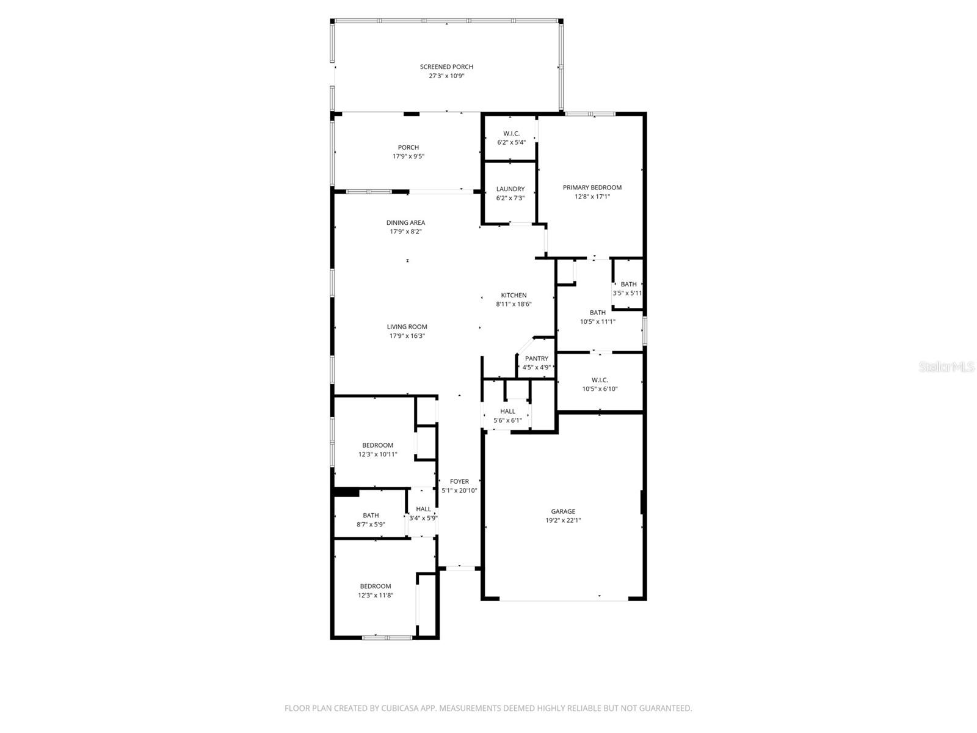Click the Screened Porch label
[x=446, y=67]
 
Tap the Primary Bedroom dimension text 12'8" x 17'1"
[x=592, y=197]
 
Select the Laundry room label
[x=510, y=189]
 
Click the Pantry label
[x=536, y=359]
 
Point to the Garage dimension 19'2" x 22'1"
[x=563, y=520]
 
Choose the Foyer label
[x=459, y=481]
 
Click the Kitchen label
[x=514, y=295]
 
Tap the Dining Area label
[x=405, y=223]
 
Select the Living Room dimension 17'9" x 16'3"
[x=407, y=336]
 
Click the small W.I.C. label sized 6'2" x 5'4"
[x=511, y=134]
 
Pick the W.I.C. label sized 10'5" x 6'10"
[x=600, y=380]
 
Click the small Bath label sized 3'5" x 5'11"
[x=628, y=284]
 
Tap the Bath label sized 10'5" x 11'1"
[x=597, y=313]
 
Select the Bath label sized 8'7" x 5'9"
[x=371, y=516]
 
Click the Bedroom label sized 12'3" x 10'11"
[x=377, y=445]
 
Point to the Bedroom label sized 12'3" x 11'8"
[x=375, y=586]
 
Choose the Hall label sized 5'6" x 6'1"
[x=507, y=412]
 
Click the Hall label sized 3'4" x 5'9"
[x=423, y=509]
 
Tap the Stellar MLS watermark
[x=946, y=367]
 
